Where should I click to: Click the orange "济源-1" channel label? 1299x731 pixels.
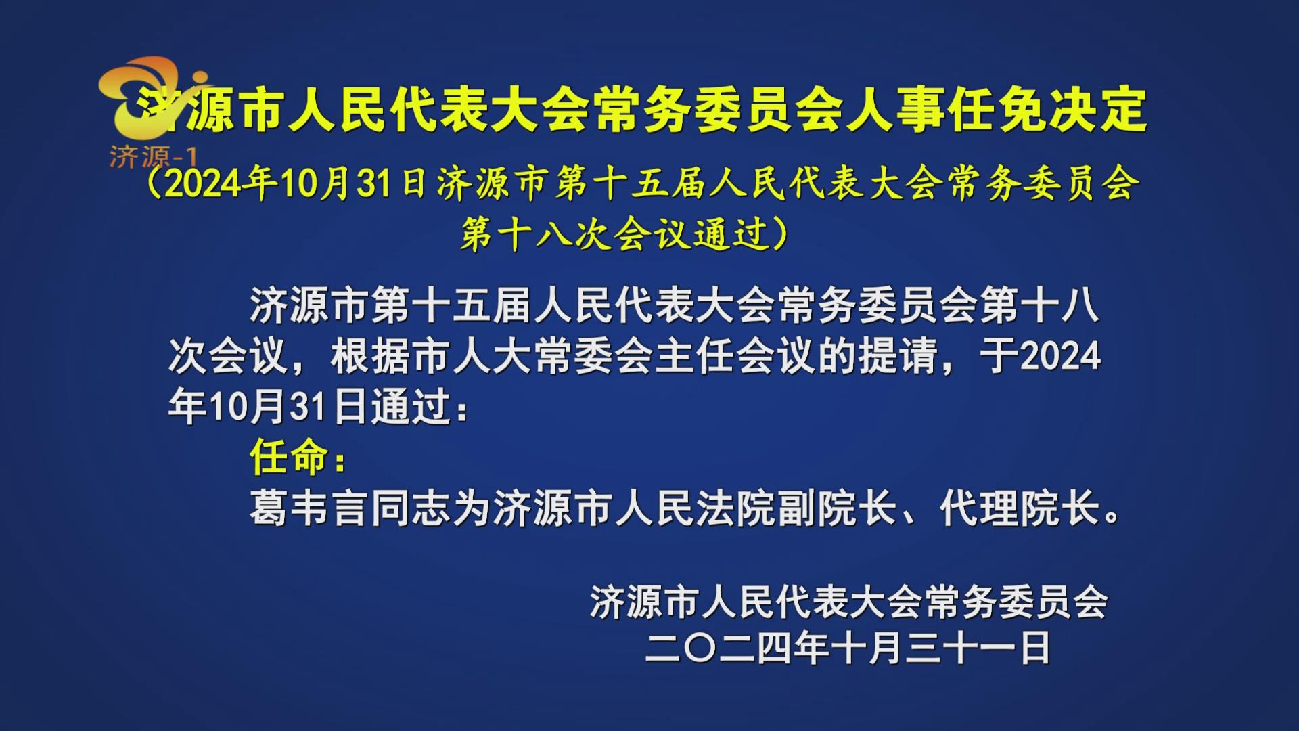click(153, 158)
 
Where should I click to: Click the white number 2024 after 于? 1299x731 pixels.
click(1060, 356)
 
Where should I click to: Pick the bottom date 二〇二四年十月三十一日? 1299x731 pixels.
click(847, 648)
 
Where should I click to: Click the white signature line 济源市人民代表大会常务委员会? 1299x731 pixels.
click(848, 602)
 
